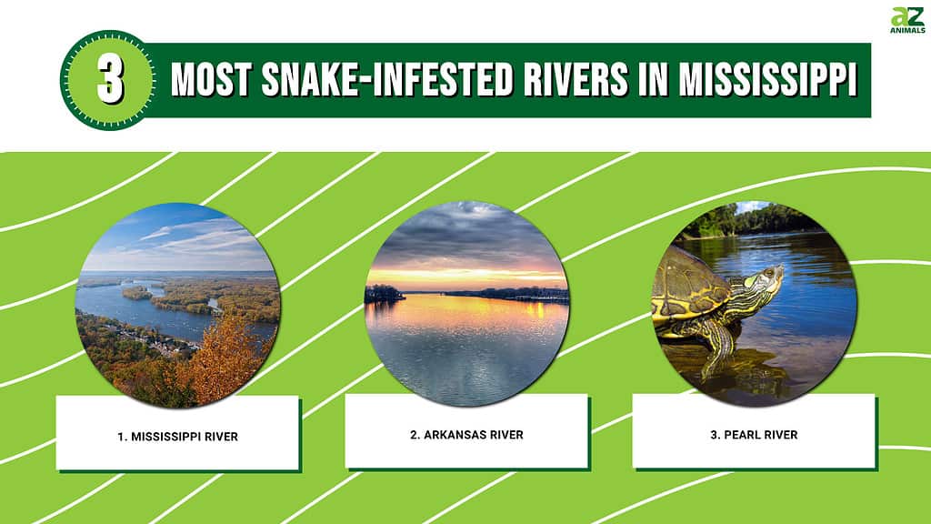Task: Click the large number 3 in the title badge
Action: tap(110, 81)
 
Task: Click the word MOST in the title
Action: tap(211, 80)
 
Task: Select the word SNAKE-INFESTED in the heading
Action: tap(387, 80)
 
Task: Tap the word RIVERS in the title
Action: tap(576, 80)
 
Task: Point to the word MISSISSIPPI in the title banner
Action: tap(767, 80)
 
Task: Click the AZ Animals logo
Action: tap(907, 20)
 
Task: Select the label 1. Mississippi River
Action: tap(177, 437)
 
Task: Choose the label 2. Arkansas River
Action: tap(466, 435)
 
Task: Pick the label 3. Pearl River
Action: tap(754, 435)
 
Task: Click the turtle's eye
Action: tap(769, 274)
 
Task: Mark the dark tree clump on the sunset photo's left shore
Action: tap(383, 294)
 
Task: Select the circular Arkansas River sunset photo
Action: tap(466, 304)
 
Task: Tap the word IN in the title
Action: tap(653, 80)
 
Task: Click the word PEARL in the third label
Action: tap(742, 435)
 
